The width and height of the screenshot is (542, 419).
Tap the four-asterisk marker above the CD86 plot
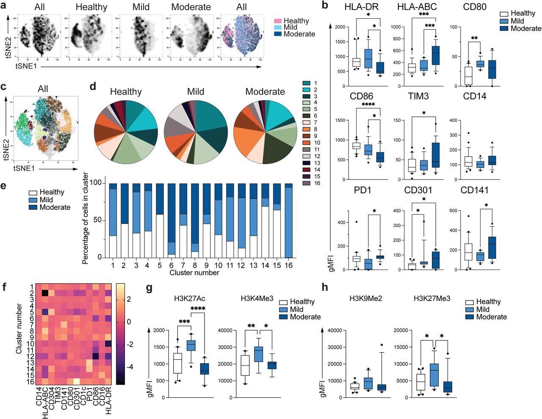tap(368, 104)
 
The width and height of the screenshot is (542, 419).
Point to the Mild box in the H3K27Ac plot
tap(191, 345)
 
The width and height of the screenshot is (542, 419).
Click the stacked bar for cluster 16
tap(288, 221)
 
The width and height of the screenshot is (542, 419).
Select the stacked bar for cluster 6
tap(171, 221)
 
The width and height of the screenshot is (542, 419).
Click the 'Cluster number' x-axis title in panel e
tap(194, 273)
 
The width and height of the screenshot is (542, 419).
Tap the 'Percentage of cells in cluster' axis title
tap(86, 218)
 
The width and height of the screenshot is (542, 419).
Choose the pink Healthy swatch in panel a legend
tap(278, 21)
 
